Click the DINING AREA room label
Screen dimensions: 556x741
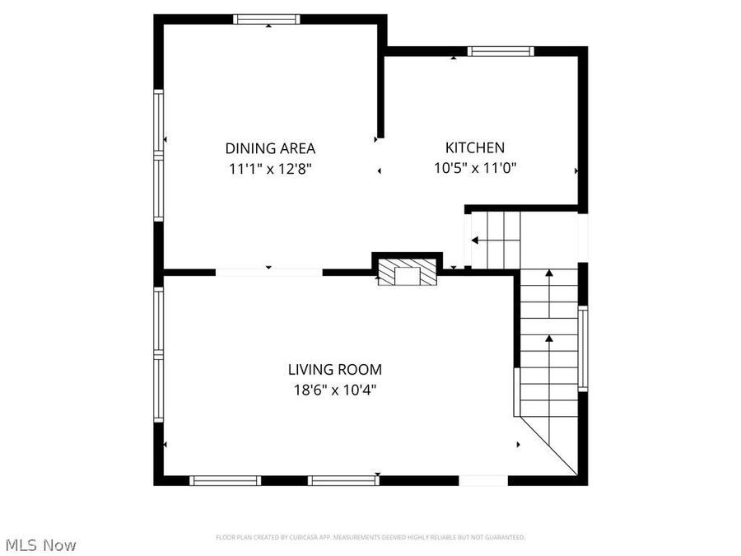[x=270, y=148]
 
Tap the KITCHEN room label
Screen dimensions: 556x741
[x=475, y=147]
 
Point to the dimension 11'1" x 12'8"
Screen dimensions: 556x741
[x=270, y=168]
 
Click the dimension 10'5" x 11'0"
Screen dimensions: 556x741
[x=475, y=167]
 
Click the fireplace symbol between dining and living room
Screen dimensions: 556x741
[x=407, y=273]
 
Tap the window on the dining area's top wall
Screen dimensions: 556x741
[x=266, y=19]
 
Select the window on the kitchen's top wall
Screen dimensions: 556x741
[x=501, y=51]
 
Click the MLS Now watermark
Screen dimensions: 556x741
[x=40, y=544]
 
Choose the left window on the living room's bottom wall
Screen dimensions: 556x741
[x=225, y=480]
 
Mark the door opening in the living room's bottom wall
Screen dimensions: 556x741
[x=482, y=480]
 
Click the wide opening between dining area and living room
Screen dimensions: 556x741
[x=268, y=271]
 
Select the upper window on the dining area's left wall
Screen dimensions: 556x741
[x=158, y=121]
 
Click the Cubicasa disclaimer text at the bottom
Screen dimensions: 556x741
[x=370, y=537]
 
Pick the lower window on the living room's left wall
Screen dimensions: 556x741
[x=158, y=387]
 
